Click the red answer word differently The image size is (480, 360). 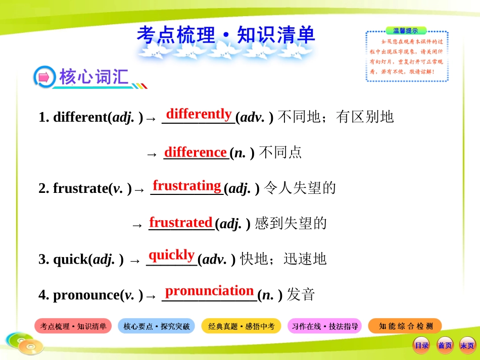coord(199,114)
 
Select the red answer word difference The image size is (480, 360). coord(195,151)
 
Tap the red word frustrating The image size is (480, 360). coord(187,186)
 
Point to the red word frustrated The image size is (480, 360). coord(180,222)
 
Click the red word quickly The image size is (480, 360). coord(171,254)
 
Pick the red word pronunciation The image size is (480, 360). coord(209,291)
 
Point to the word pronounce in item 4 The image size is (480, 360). coord(84,295)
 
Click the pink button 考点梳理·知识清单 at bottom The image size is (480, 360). coord(73,327)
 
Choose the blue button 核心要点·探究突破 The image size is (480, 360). coord(157,327)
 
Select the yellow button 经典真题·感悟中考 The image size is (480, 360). coord(241,327)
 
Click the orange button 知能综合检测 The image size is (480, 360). coord(405,326)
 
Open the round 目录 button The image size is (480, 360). coord(421,345)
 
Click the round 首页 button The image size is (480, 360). coord(445,345)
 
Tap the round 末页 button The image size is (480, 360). coord(467,345)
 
